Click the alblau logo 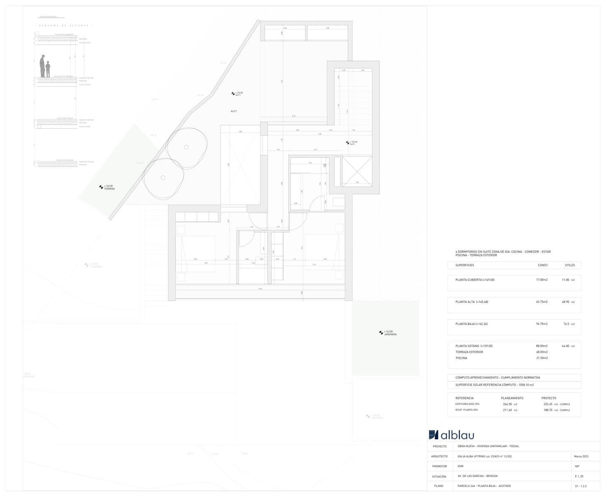(451, 435)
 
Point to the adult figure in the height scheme (42, 66)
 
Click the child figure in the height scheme (48, 69)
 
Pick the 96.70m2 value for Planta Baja (542, 324)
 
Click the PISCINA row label (461, 358)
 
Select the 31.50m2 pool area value (542, 358)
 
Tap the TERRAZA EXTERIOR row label (469, 352)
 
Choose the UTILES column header (570, 265)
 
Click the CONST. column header (543, 265)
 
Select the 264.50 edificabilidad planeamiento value (507, 404)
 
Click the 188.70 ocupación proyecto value (548, 410)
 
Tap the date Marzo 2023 (581, 456)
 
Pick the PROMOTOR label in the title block (439, 466)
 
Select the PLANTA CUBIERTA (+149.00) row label (475, 280)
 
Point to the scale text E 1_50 (579, 476)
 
